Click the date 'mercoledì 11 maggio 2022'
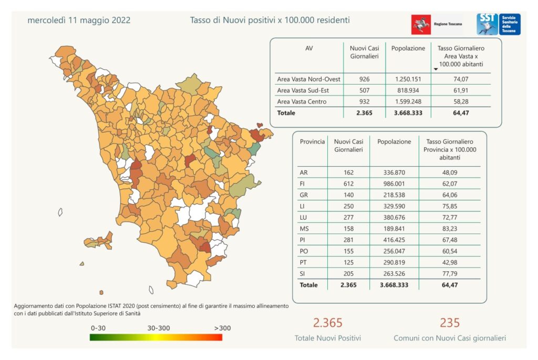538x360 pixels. tap(79, 20)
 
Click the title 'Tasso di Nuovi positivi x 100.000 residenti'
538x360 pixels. tap(270, 20)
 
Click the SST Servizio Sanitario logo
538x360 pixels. tap(498, 24)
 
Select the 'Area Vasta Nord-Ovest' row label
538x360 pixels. tap(308, 79)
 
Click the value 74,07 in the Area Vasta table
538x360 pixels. tap(461, 79)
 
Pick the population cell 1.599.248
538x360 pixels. tap(408, 101)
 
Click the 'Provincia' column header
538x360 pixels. tap(312, 142)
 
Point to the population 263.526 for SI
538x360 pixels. tap(394, 274)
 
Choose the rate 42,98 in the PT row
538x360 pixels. tap(449, 262)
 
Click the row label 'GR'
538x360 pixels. tap(304, 195)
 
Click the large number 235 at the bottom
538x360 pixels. tap(450, 323)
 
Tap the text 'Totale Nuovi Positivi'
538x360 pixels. tap(328, 338)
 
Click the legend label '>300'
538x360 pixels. tap(222, 328)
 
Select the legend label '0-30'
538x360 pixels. tap(99, 328)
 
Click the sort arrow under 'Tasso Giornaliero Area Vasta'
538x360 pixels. tap(436, 69)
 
